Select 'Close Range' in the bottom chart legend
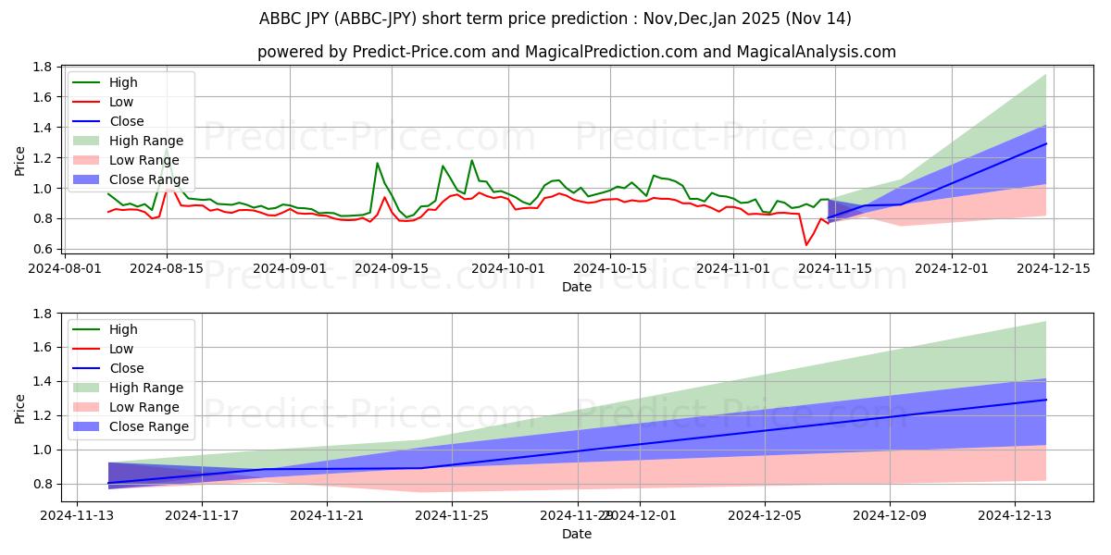(148, 426)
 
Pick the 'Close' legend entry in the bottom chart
(126, 368)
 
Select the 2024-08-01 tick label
(66, 267)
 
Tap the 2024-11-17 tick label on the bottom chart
(202, 516)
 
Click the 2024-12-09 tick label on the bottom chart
(890, 516)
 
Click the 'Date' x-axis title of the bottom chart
(577, 534)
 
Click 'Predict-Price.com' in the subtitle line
(399, 52)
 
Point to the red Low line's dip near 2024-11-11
(805, 244)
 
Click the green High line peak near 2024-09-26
(471, 161)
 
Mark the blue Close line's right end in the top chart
(1046, 143)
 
